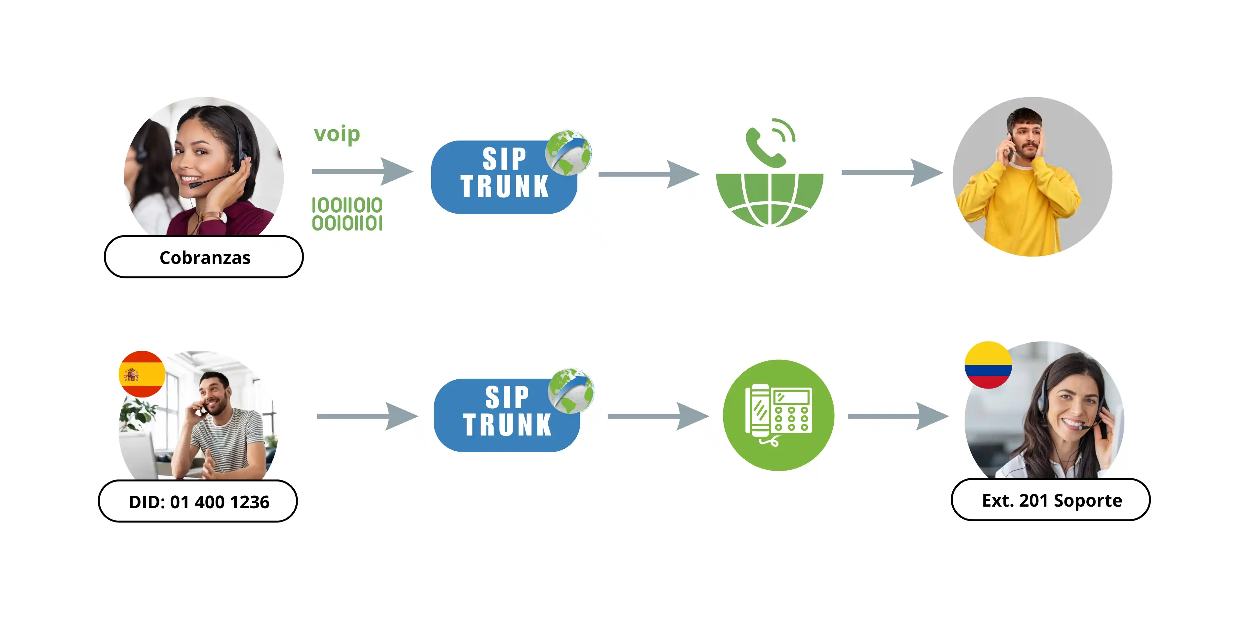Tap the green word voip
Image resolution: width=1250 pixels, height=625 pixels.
[337, 134]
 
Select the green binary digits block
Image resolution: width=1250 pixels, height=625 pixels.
[347, 214]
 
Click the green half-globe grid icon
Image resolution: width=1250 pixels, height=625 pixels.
[770, 199]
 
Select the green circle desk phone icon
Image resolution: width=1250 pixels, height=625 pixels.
[778, 415]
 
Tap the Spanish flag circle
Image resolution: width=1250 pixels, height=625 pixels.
[142, 374]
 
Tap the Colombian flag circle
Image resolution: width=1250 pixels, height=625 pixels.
[988, 365]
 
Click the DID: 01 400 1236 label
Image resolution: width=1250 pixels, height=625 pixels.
[198, 501]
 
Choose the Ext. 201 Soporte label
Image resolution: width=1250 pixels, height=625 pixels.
[1051, 500]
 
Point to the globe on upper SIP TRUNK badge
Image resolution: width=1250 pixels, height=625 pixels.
[568, 153]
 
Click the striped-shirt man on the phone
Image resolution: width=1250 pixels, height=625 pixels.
[221, 427]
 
